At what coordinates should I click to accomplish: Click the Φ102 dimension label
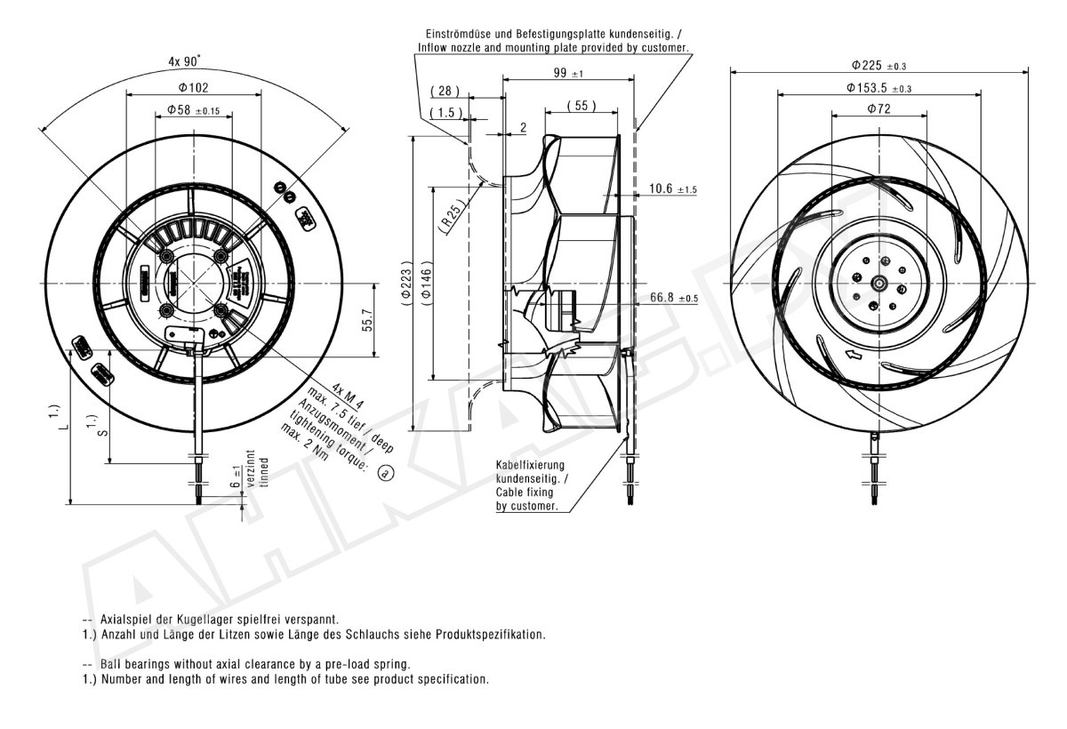click(193, 87)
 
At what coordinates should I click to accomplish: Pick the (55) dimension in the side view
click(580, 107)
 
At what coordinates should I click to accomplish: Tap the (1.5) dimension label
click(446, 113)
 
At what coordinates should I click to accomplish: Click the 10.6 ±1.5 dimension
click(673, 189)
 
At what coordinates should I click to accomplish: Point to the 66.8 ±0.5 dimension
click(674, 298)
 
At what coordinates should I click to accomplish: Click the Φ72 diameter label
click(878, 109)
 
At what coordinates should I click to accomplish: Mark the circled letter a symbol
click(385, 473)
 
